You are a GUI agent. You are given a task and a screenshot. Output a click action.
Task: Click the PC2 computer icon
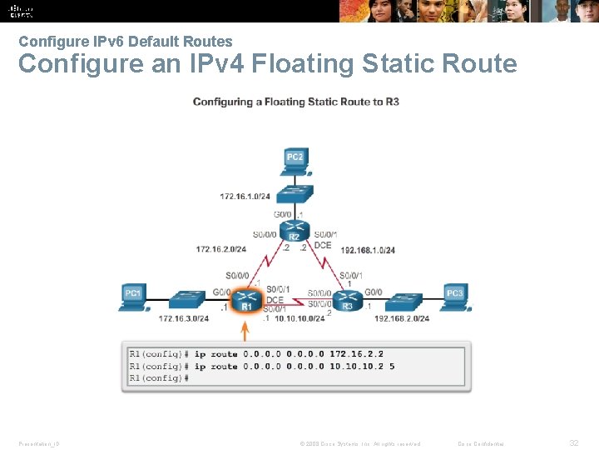295,161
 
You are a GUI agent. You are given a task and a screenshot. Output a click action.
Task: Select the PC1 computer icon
133,297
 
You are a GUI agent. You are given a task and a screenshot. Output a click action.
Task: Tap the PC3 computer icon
453,297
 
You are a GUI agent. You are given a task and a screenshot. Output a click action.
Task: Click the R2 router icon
294,228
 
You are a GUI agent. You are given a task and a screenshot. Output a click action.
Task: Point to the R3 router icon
348,300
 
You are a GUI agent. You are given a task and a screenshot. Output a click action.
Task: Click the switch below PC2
295,193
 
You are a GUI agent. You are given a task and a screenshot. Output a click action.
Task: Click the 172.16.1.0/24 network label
245,197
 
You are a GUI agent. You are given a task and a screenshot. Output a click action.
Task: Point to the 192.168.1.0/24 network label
368,250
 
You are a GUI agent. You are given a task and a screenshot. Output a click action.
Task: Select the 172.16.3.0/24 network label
184,318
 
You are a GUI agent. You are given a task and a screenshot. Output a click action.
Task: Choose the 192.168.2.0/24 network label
402,318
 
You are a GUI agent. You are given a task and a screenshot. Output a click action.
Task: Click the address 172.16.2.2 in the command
355,354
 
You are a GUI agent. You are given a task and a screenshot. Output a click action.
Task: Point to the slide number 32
574,442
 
